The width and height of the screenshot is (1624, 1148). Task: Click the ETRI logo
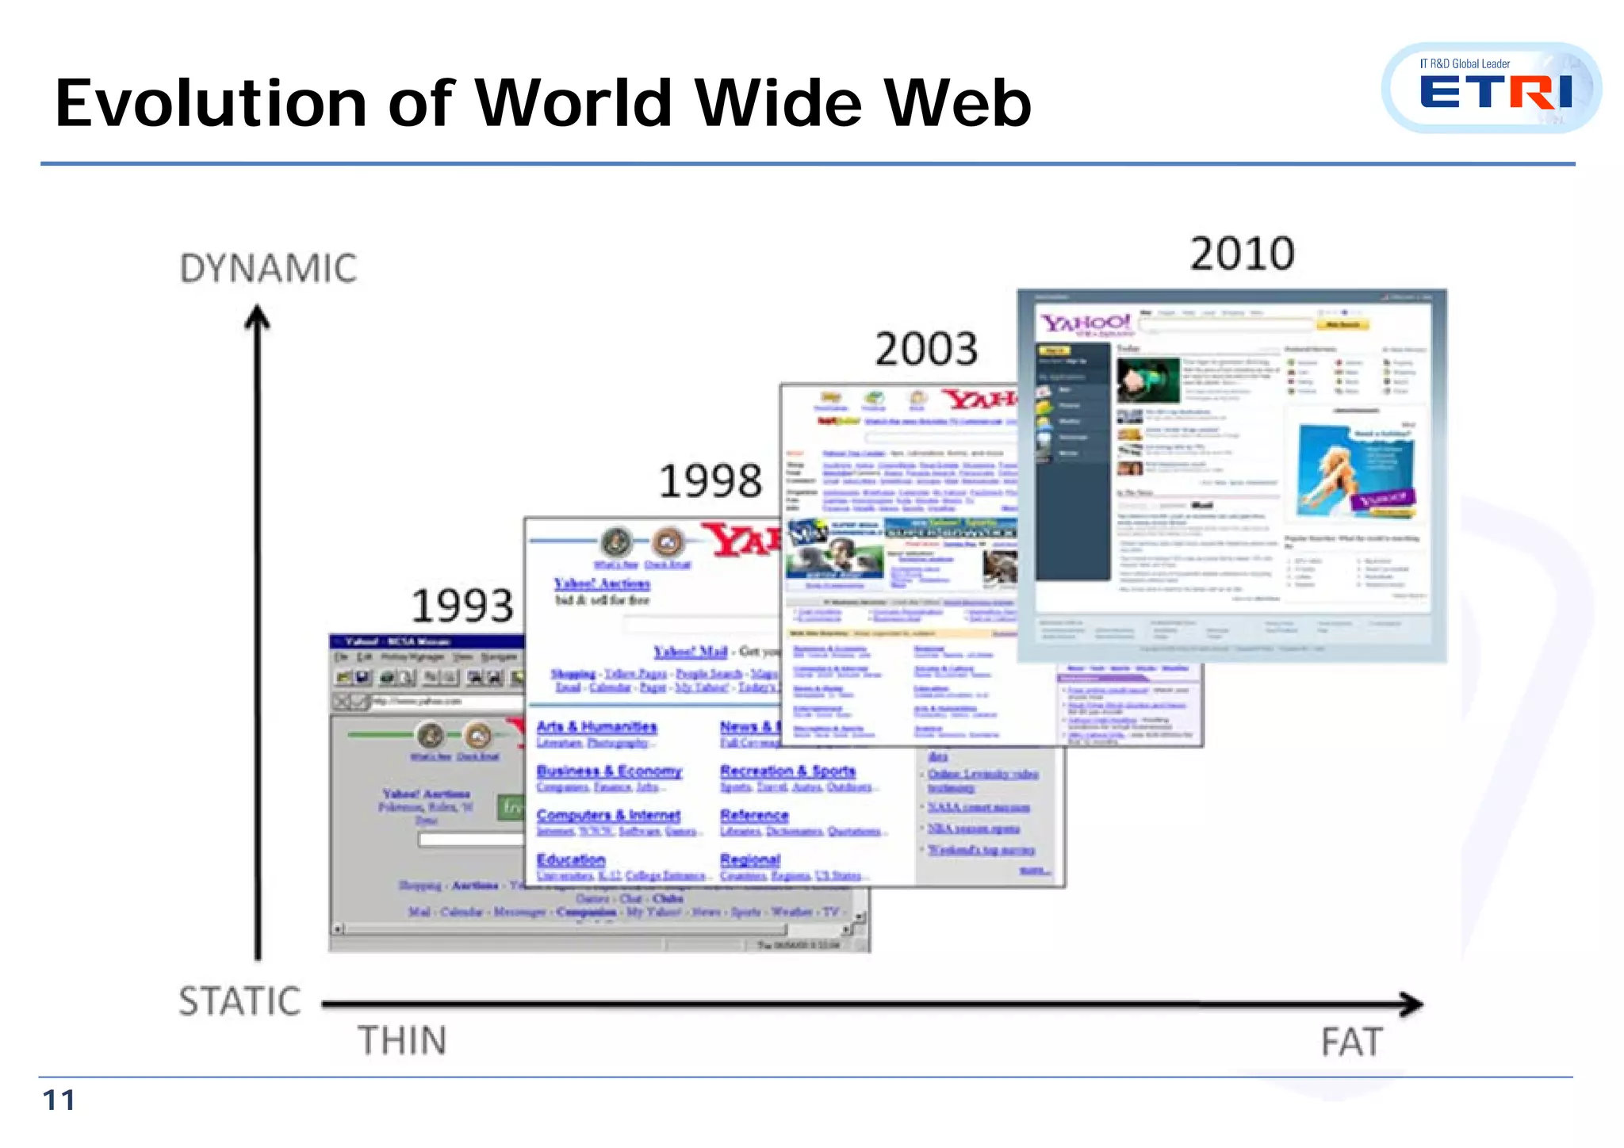click(1494, 89)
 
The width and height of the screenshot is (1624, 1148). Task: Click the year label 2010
click(1242, 254)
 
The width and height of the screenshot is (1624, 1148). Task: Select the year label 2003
click(926, 349)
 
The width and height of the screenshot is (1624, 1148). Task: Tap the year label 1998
click(710, 481)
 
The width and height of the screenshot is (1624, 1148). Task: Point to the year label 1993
click(462, 607)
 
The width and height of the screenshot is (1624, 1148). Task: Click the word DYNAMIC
click(268, 269)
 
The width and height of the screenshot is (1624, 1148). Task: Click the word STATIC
click(239, 1001)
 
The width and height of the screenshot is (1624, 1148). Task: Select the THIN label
click(402, 1041)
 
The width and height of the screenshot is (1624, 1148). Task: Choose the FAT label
click(1352, 1043)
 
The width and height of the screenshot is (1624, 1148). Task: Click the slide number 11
click(59, 1100)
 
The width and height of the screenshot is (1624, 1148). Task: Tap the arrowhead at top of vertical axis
click(257, 316)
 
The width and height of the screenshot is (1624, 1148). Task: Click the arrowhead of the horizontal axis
click(1411, 1004)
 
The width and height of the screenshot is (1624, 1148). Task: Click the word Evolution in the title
click(211, 104)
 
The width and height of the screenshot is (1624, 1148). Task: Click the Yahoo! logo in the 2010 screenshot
click(1086, 323)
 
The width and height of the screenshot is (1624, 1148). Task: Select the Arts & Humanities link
click(596, 727)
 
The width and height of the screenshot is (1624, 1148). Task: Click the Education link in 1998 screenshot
click(571, 859)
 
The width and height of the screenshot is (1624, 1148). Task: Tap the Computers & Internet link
click(608, 815)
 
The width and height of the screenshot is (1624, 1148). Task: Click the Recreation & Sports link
click(787, 771)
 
